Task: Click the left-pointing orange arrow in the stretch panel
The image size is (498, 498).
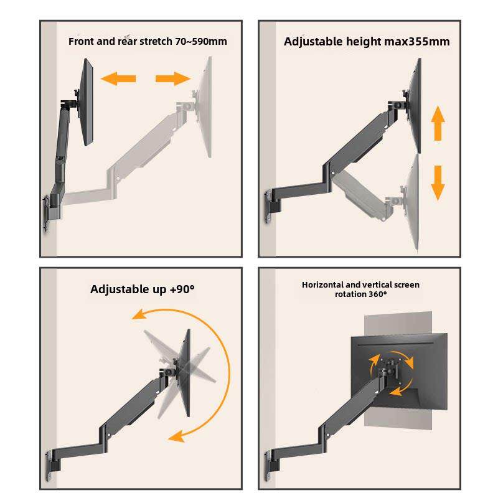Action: [118, 78]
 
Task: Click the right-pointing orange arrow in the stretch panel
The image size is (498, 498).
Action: [172, 78]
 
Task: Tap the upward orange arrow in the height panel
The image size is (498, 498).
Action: [438, 123]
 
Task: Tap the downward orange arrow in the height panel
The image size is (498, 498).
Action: [438, 182]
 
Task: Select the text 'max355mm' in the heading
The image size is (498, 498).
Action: [420, 42]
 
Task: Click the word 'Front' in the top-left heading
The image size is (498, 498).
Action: [81, 42]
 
